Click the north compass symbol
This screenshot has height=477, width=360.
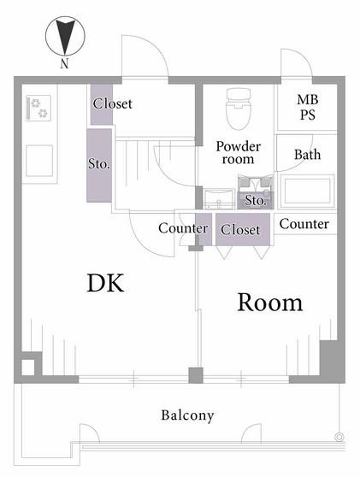(65, 36)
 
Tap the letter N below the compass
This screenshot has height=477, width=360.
(64, 63)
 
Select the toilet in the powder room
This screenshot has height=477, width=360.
(239, 109)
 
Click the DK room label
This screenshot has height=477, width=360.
(105, 283)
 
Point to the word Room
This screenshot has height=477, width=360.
(270, 303)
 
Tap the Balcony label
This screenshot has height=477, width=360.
(187, 415)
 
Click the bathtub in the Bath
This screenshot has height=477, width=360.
(308, 191)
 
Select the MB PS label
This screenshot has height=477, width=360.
(308, 107)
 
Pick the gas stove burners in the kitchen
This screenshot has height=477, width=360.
(38, 108)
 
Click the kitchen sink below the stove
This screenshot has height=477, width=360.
(39, 161)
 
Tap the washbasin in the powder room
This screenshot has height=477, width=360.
(219, 199)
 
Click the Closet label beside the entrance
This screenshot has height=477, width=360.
(113, 103)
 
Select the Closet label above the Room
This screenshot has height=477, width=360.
(240, 230)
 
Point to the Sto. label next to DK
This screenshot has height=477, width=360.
(99, 163)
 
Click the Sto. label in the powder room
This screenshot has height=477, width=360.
(256, 200)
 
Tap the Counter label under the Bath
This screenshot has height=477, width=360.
(304, 224)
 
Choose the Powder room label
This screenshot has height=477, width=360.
(239, 153)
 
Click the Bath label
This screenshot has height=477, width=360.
(307, 155)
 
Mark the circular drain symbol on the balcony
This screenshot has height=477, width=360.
(339, 437)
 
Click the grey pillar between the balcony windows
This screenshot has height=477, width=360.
(196, 375)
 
